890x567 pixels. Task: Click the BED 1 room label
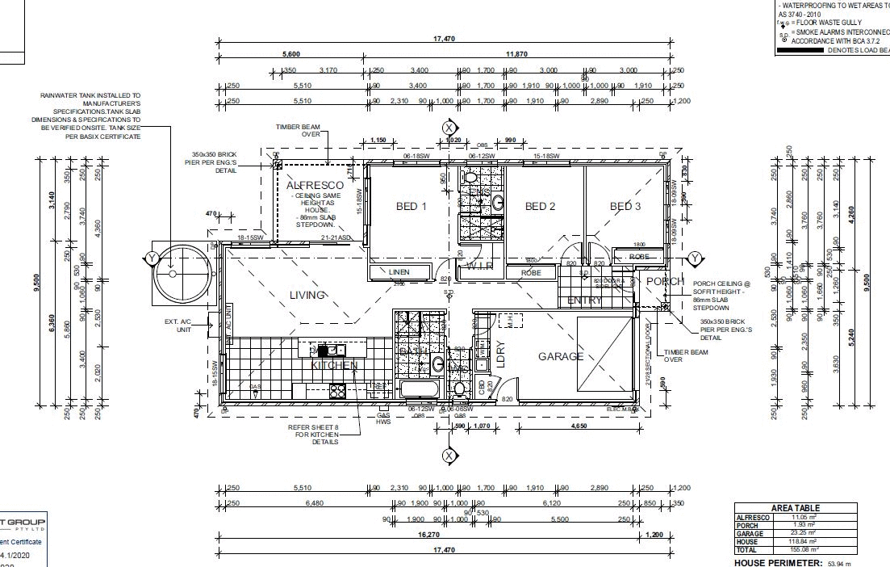407,207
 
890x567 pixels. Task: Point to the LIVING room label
307,296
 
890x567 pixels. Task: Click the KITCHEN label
334,365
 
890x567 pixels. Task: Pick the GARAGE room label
561,355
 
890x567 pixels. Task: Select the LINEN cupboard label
399,272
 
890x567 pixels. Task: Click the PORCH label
665,281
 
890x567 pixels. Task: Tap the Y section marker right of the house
694,258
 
